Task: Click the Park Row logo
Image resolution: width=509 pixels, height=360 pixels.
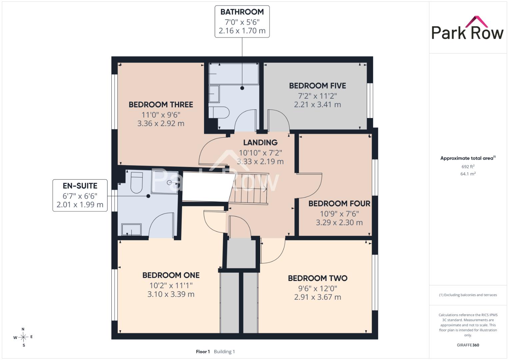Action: [467, 28]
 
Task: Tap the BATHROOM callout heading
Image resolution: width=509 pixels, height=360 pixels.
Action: [242, 12]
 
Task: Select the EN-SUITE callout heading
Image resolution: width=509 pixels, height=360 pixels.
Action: [80, 186]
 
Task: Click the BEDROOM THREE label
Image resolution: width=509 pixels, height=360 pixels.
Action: [161, 105]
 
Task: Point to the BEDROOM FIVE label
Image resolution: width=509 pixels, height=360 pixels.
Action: [317, 86]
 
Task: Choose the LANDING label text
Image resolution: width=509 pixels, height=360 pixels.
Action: [260, 143]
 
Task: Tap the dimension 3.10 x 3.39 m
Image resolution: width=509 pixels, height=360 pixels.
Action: [171, 294]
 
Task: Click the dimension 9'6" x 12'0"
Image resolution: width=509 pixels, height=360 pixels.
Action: [317, 288]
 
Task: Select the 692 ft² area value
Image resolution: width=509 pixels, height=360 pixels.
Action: [468, 166]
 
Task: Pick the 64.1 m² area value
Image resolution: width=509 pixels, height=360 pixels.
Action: [468, 174]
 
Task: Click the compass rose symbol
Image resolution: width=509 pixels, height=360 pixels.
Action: [23, 337]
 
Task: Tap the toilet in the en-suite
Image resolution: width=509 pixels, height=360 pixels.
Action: [137, 183]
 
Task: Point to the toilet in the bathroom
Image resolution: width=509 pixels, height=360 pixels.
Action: [219, 112]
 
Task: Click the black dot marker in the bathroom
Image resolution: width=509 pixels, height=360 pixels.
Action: [242, 88]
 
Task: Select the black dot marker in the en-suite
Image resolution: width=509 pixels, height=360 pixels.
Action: [148, 196]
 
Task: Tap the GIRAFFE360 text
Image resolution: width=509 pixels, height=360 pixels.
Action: [468, 345]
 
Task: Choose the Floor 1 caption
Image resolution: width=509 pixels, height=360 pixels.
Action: [203, 352]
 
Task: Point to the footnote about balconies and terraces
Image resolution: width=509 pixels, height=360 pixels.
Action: [468, 295]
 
